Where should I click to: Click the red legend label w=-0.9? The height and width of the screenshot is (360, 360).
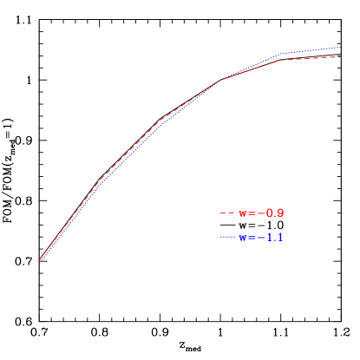coord(261,213)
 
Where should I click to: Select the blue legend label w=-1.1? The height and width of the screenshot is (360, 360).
coord(261,237)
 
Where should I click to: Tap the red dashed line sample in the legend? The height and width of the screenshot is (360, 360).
coord(228,213)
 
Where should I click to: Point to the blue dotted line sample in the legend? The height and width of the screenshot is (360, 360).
coord(228,237)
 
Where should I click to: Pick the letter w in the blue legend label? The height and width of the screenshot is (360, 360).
coord(243,238)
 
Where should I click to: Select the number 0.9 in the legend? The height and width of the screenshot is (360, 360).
coord(275,213)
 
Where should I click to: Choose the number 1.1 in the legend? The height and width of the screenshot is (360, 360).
coord(275,237)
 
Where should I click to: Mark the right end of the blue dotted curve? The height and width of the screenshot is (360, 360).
coord(341,48)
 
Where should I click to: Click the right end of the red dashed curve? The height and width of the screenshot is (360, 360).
coord(341,56)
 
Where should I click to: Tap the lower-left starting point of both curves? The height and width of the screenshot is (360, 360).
coord(40,260)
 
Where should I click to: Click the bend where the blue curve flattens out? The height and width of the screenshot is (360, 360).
coord(280,54)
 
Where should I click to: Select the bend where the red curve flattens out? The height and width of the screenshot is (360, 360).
coord(277,60)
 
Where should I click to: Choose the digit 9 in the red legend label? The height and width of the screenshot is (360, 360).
coord(280,213)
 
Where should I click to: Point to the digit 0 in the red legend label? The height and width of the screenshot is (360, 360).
coord(270,213)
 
